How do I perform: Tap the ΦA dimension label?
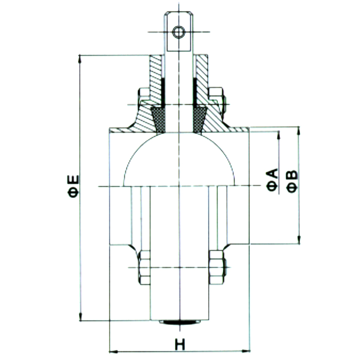(x=273, y=179)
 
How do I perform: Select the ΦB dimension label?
(x=292, y=182)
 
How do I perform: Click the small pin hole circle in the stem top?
(x=179, y=32)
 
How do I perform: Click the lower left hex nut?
(x=145, y=268)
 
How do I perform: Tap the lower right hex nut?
(x=216, y=268)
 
